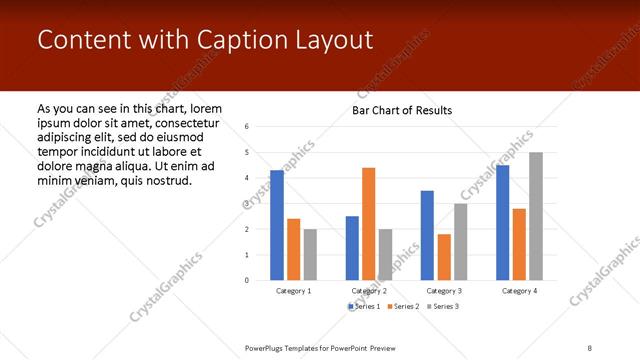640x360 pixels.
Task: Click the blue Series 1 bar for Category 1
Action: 277,225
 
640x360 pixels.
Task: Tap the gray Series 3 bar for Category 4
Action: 535,216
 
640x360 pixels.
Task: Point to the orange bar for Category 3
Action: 443,257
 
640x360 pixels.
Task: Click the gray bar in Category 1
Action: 310,254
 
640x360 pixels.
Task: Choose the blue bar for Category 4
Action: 502,222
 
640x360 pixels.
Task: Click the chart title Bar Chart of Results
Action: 402,110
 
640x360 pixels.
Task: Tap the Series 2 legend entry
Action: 402,306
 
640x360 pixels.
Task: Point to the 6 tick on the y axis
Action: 247,127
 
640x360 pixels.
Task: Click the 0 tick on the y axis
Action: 247,280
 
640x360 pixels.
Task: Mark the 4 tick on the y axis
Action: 247,178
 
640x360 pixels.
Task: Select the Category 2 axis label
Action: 369,290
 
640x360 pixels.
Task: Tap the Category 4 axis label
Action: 519,290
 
